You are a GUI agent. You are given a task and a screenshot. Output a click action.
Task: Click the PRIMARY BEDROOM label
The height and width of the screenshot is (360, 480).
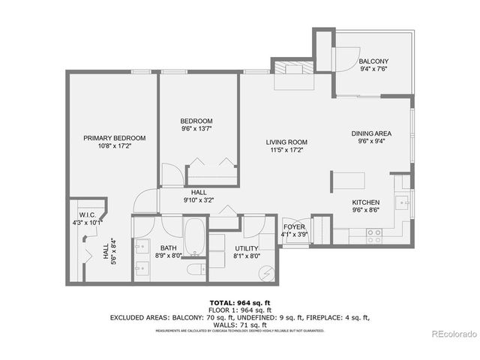click(x=114, y=138)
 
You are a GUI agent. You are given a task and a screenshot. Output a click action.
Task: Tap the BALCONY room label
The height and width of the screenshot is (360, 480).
click(x=373, y=61)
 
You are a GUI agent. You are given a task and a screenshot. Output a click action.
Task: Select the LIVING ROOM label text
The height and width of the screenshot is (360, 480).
click(x=286, y=142)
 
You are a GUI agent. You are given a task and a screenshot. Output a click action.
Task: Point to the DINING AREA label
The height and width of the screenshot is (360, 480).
click(x=372, y=134)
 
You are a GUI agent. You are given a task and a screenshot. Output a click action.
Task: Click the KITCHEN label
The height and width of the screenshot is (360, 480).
click(x=366, y=202)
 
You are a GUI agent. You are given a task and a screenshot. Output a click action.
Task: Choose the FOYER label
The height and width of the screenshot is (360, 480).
click(x=292, y=226)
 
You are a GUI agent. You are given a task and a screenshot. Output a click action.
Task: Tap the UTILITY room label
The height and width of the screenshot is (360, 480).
click(x=247, y=247)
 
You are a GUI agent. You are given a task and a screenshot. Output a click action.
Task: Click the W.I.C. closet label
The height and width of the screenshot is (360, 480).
click(x=85, y=214)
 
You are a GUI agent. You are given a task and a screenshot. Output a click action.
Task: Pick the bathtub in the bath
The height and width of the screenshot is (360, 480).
click(x=194, y=236)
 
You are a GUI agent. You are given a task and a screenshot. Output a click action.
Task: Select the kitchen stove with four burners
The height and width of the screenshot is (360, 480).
click(x=373, y=235)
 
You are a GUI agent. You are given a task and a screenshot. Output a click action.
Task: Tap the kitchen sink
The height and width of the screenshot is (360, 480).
click(x=403, y=202)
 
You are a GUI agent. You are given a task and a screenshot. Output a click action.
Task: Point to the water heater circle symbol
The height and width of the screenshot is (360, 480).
click(x=268, y=274)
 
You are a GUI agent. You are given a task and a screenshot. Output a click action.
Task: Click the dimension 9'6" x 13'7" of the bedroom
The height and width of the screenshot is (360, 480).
click(x=196, y=129)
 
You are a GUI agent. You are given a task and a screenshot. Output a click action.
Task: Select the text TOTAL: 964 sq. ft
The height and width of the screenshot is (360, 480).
click(x=239, y=301)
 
